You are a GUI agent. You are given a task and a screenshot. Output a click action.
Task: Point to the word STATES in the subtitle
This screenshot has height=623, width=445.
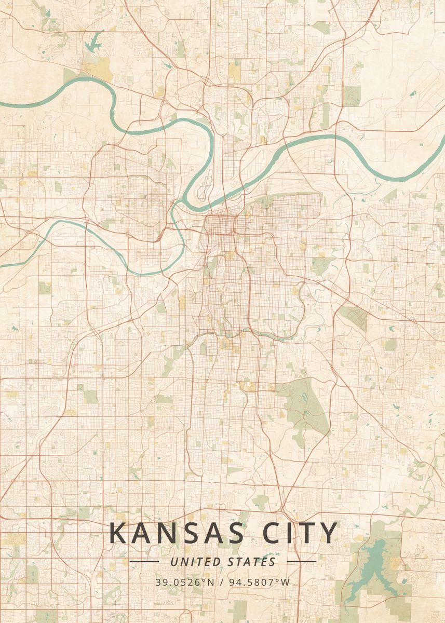coord(251,562)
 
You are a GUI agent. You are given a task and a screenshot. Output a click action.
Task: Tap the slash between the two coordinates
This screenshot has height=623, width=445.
coord(222,582)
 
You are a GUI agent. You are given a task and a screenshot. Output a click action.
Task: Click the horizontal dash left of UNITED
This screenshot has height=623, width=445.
coord(144,562)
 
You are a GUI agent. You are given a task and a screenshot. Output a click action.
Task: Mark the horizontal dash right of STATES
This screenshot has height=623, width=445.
coord(301,562)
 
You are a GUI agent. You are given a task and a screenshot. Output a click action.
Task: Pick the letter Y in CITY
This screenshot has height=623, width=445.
coord(329,534)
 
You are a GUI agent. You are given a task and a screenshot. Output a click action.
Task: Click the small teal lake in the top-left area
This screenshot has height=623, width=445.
coord(93,42)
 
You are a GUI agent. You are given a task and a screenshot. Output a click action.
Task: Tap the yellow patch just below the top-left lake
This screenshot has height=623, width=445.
coord(97,67)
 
